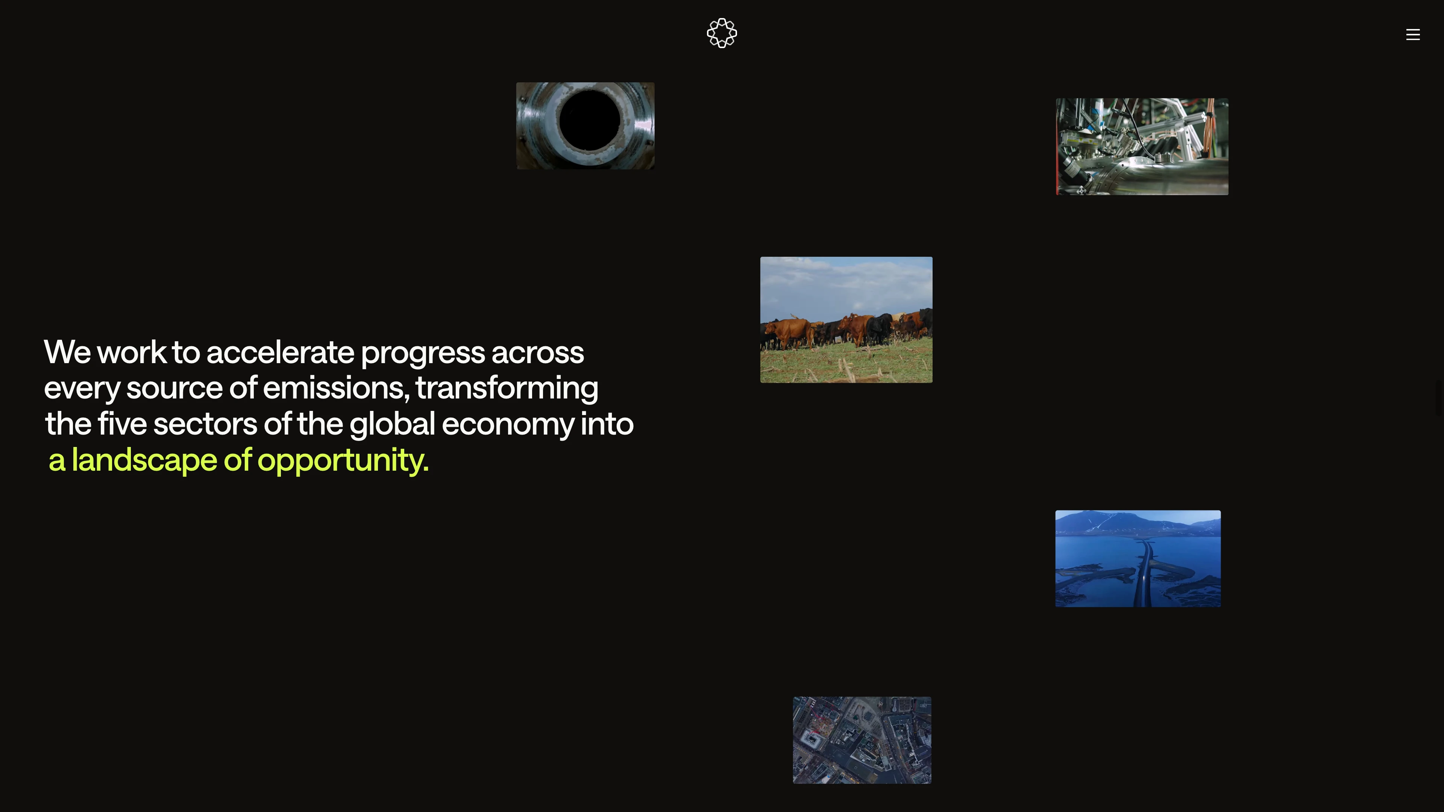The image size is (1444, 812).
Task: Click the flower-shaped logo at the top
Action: click(x=722, y=33)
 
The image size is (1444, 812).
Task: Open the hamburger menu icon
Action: click(x=1413, y=35)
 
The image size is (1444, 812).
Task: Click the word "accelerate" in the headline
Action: click(x=280, y=353)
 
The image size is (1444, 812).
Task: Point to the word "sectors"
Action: click(x=205, y=424)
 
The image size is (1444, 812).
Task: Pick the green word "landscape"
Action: click(x=144, y=461)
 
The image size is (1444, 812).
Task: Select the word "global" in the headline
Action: click(x=392, y=424)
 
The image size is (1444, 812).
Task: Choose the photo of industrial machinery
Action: click(x=1142, y=147)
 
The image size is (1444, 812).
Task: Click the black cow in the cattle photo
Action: click(x=878, y=328)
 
